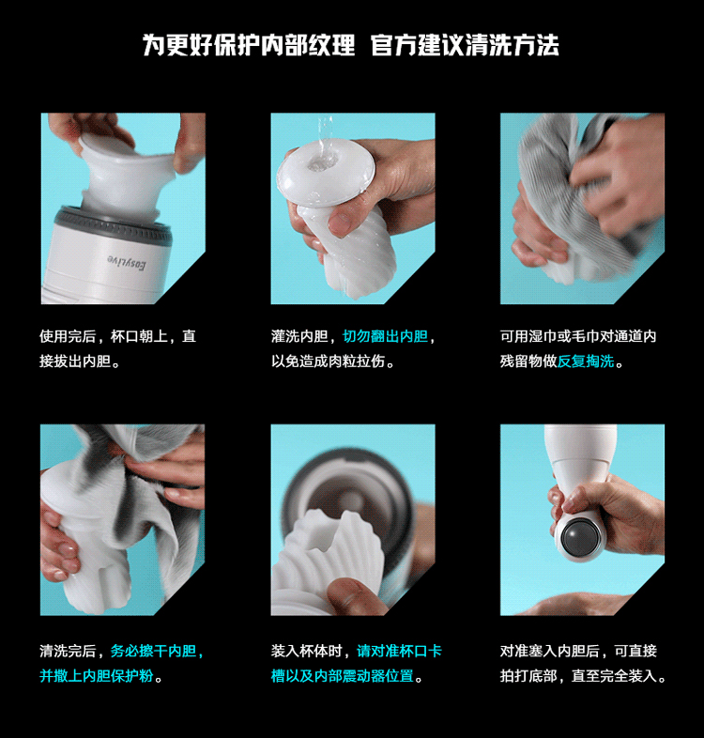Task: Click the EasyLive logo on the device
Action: pos(127,262)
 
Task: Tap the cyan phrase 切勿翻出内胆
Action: pos(386,336)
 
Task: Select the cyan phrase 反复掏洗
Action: pos(586,361)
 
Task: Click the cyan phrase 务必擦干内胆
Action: pos(153,652)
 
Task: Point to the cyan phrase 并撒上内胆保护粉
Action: pos(97,676)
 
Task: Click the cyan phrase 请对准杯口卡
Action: pos(400,652)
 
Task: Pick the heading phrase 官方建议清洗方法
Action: pos(465,45)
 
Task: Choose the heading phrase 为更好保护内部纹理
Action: pos(249,45)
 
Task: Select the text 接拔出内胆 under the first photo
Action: pos(75,361)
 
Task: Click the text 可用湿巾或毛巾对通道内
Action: pos(578,336)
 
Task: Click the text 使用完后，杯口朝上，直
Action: pos(117,336)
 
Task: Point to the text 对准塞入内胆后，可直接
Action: pos(578,652)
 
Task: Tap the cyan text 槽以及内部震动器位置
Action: pos(342,676)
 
